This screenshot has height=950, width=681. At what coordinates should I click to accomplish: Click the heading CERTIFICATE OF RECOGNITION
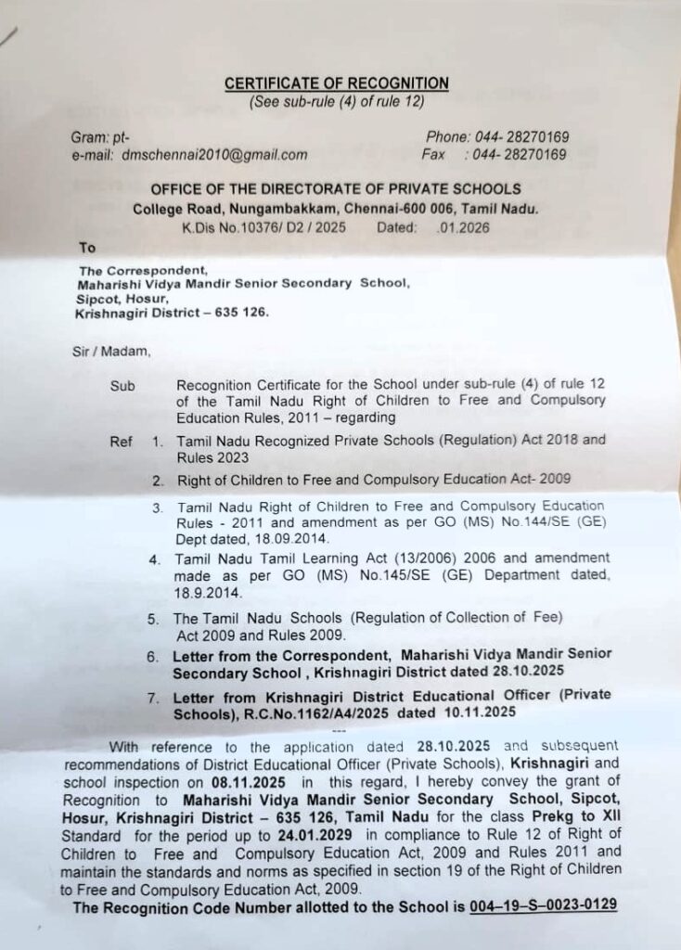(x=337, y=83)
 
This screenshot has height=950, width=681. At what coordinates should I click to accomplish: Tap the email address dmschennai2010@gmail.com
(x=214, y=155)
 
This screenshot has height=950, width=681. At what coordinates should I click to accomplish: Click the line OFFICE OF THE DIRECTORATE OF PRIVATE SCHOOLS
(x=335, y=189)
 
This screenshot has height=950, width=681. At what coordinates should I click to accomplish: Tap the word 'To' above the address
(x=87, y=248)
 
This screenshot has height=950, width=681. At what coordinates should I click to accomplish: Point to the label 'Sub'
(x=122, y=384)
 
